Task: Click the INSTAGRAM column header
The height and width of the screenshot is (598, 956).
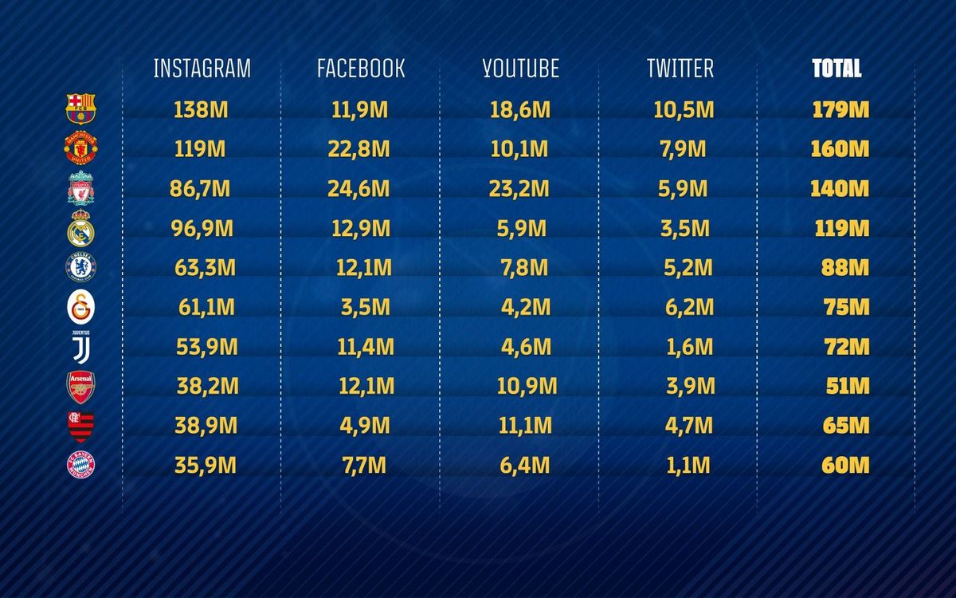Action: (202, 69)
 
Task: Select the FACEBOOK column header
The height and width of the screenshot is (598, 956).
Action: (361, 69)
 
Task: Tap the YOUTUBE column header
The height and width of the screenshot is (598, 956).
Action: (520, 69)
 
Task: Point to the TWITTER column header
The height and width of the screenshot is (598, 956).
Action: (680, 69)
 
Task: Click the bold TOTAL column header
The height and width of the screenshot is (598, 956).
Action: (836, 69)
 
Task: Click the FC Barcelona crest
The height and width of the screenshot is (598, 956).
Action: (80, 108)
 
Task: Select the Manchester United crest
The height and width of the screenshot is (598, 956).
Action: (80, 148)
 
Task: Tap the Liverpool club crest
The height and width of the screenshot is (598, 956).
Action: (80, 190)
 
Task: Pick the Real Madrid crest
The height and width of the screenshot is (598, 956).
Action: (80, 229)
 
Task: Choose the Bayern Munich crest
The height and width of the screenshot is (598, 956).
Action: (80, 464)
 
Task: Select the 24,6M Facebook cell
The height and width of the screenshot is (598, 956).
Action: (361, 189)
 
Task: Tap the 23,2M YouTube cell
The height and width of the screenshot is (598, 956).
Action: (520, 189)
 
